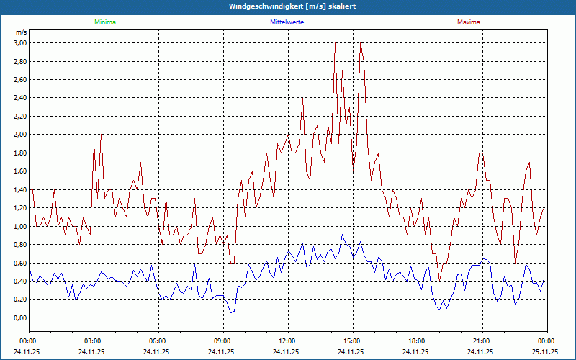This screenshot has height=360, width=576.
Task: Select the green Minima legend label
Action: pos(104,22)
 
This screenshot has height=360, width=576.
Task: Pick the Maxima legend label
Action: pos(468,22)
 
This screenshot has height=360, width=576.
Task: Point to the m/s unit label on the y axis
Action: pos(21,32)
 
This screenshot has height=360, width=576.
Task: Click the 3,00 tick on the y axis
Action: pos(19,43)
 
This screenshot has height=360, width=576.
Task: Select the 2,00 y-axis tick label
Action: pos(19,135)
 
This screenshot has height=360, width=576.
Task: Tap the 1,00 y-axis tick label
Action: pos(19,226)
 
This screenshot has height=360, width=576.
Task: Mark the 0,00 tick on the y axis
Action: pos(19,318)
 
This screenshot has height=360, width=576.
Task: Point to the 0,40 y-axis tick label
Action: pos(19,282)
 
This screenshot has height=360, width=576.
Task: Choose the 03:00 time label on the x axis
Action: pos(93,341)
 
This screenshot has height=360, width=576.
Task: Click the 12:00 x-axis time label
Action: pos(287,341)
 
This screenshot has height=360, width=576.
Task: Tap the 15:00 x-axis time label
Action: pos(352,341)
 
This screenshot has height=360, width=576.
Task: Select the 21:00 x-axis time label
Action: pos(482,341)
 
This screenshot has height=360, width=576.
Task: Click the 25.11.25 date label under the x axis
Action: pos(545,352)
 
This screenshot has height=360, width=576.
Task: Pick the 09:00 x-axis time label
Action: pos(222,341)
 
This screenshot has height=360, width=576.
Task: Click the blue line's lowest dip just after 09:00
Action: pos(230,312)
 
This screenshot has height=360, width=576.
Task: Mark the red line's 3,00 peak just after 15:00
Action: pos(360,44)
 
